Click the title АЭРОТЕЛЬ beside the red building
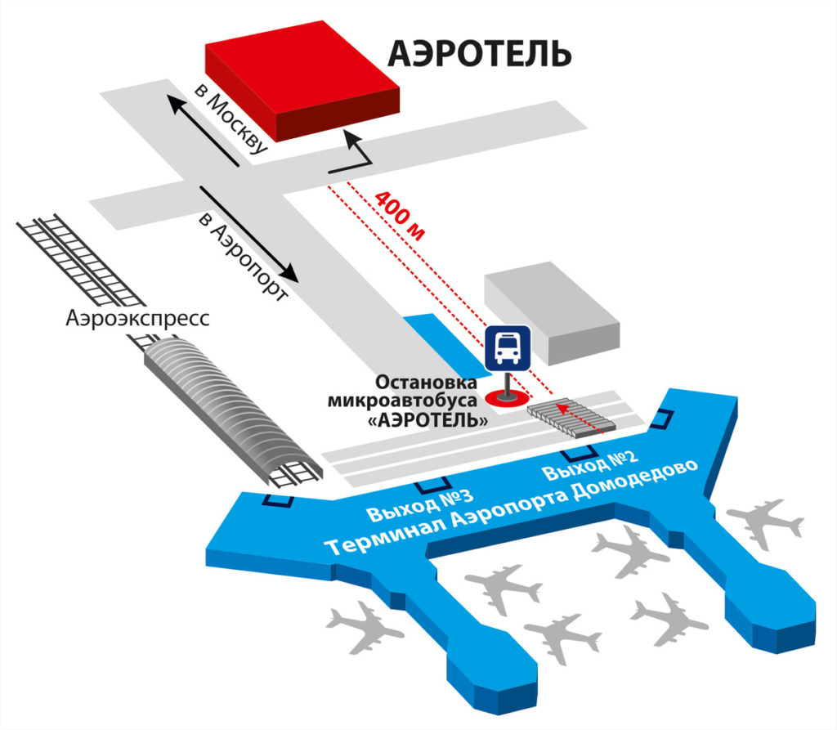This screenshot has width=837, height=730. point(479,54)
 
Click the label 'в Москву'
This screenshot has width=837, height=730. point(231,116)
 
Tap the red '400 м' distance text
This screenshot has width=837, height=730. point(400,215)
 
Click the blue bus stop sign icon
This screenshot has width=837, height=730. point(508,348)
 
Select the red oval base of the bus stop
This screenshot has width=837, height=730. point(506,398)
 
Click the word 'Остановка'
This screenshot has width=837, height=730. point(415,383)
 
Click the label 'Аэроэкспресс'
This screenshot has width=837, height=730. point(137,317)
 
